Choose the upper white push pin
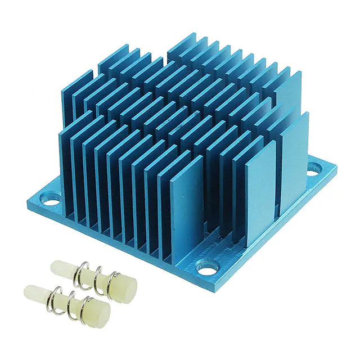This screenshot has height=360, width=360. pos(93,276)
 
